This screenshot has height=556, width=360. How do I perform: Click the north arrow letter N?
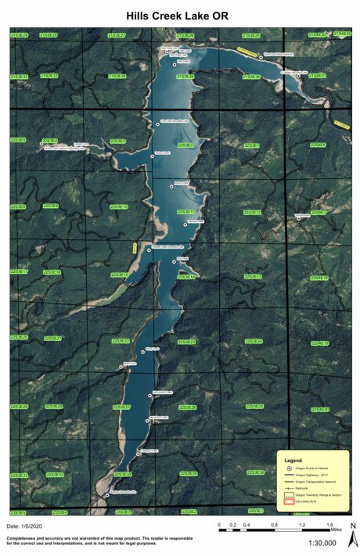tap(352, 526)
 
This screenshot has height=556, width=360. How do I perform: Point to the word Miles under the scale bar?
tap(336, 530)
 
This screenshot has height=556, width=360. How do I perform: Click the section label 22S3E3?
tap(117, 141)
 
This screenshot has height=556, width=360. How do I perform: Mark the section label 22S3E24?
tap(253, 342)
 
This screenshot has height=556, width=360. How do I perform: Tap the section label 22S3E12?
tap(252, 212)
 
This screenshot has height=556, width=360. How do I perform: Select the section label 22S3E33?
tap(55, 475)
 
